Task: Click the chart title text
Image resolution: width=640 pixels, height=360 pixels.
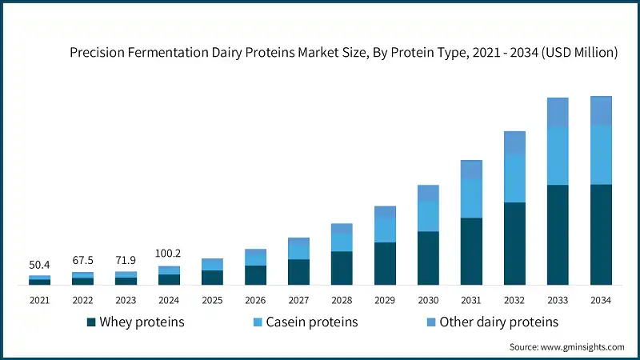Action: coord(343,53)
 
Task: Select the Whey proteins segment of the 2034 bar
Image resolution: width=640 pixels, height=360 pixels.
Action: coord(601,234)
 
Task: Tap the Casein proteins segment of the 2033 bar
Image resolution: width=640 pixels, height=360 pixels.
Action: coord(558,155)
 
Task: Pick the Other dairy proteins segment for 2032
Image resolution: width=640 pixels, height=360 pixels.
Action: coord(514,142)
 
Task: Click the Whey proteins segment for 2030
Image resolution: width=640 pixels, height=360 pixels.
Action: coord(428,258)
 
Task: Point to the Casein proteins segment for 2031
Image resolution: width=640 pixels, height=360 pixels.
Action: coord(471,198)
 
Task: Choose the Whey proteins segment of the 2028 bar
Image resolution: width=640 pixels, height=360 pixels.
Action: coord(342,267)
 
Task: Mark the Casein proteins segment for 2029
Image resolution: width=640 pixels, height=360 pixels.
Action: coord(385,230)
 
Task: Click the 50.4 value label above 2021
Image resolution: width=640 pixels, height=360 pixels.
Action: coord(40,265)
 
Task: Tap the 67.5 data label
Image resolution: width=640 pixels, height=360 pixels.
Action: coord(83,261)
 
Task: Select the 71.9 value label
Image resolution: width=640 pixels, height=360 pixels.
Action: coord(126,261)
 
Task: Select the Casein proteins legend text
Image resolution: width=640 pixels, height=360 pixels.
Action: coord(312,322)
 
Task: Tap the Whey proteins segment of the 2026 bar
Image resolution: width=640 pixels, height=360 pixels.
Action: coord(255,274)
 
